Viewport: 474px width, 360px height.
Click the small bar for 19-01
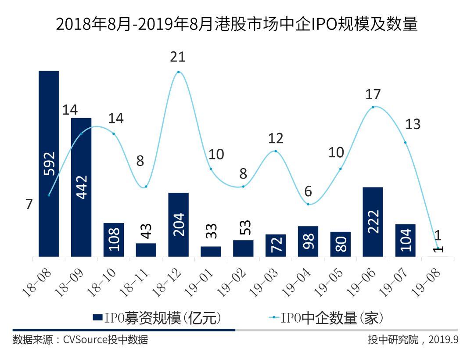click(211, 251)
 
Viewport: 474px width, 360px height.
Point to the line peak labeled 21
click(178, 72)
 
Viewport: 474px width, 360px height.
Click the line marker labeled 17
click(373, 107)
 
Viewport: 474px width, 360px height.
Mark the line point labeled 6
click(308, 204)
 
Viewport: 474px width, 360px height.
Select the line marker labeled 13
click(405, 142)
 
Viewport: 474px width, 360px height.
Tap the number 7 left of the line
click(29, 204)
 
